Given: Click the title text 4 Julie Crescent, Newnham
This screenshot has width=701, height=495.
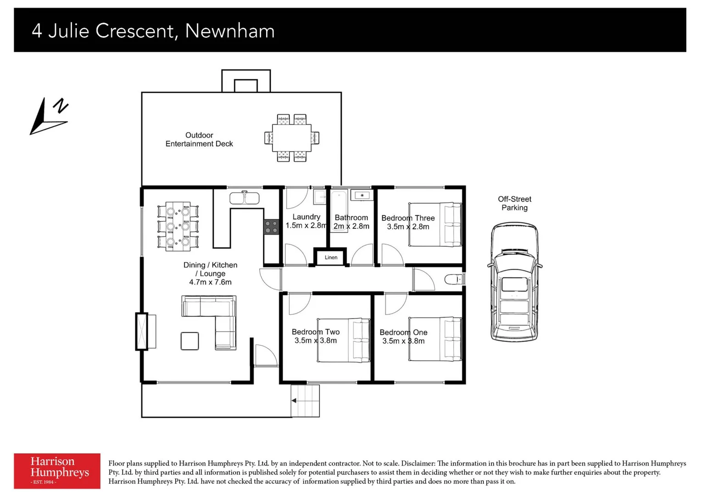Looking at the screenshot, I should coord(153,31).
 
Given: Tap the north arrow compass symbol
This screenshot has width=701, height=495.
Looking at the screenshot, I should coord(49,116).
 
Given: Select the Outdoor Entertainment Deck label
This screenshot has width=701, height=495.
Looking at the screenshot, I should coord(199,139).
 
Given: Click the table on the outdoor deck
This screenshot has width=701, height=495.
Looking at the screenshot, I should coord(291,137).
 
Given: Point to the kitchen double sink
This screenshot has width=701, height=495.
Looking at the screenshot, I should coord(245,198).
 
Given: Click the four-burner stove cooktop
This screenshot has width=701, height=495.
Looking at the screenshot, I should coord(271,227).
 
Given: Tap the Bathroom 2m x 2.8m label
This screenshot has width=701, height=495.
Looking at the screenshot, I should coord(351,222).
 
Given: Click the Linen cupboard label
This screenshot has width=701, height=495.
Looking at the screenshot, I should coord(331,258).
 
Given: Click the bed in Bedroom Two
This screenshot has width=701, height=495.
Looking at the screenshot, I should coord(344,340).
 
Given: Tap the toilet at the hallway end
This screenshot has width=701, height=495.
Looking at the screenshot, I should coord(454,279).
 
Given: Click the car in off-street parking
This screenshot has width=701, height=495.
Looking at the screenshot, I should coord(514,282).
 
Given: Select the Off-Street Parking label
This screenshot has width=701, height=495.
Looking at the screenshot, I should coord(514,203).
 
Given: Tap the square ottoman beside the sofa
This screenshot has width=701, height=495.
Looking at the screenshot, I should coord(189,341).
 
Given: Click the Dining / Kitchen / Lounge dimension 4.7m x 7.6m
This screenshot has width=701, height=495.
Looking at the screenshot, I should coord(210,282).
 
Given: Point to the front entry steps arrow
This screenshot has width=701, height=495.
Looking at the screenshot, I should coord(294,401).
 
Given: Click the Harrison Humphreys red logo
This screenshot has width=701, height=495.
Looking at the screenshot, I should coord(57,471).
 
